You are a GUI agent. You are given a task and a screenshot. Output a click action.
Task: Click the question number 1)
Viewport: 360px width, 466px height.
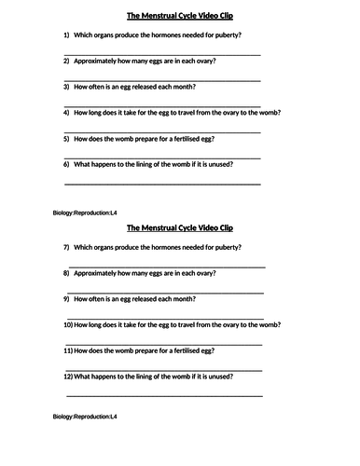(x=67, y=34)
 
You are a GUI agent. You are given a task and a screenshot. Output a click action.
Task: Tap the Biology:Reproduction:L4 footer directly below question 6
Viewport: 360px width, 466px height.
(x=85, y=215)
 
